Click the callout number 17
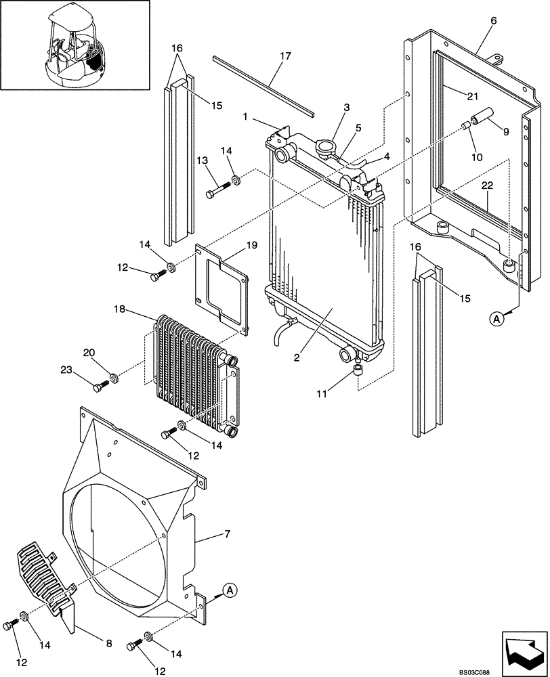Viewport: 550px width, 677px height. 284,56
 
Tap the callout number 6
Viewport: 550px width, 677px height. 492,21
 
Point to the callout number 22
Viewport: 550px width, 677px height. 488,185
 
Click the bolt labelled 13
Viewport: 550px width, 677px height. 217,192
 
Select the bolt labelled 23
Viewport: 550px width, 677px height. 101,387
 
